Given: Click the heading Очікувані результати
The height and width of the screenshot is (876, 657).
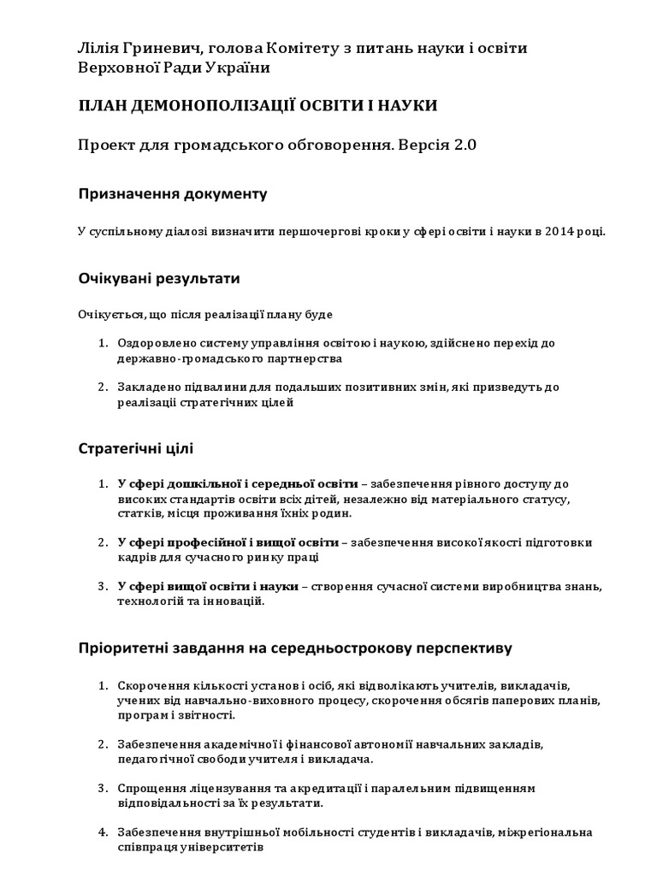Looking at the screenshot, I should coord(159,279).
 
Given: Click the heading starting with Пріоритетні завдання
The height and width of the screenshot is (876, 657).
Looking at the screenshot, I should coord(295,648).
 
